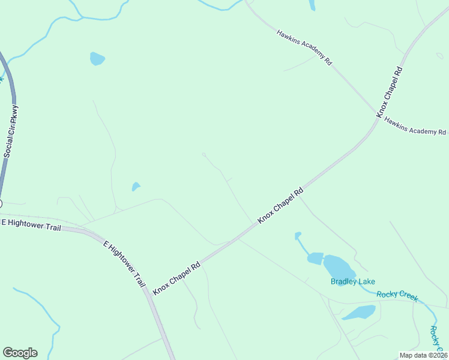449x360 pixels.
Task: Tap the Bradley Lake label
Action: [x=352, y=281]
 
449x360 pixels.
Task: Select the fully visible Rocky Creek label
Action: [x=397, y=295]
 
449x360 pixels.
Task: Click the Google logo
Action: [x=20, y=352]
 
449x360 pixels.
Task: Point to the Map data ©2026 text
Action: [x=423, y=355]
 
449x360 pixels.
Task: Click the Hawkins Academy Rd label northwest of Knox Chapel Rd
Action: [x=304, y=47]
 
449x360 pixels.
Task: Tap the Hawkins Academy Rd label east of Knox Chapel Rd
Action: [x=415, y=126]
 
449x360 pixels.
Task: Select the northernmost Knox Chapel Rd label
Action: [x=390, y=92]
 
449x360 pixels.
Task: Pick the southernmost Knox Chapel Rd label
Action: [x=176, y=278]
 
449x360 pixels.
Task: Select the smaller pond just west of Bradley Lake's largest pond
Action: [x=315, y=259]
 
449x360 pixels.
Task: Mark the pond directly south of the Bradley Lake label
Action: [x=360, y=312]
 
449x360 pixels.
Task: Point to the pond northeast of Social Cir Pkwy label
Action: [x=97, y=58]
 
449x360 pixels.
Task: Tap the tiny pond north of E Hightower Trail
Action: [x=136, y=187]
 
